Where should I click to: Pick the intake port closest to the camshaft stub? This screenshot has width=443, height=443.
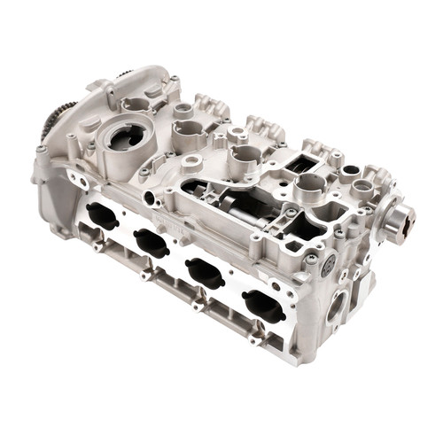tap(263, 306)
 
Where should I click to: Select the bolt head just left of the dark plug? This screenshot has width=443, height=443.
tap(311, 259)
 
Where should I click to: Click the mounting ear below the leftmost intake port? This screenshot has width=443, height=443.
tap(96, 245)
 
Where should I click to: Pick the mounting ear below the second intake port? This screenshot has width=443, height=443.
tap(144, 274)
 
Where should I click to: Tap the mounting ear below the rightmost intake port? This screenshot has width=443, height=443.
tap(254, 339)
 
